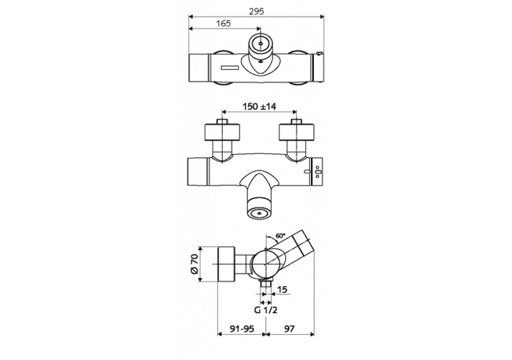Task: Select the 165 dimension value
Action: click(x=223, y=23)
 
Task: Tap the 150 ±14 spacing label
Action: click(x=258, y=107)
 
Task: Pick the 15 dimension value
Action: click(x=282, y=289)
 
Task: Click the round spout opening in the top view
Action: click(x=262, y=44)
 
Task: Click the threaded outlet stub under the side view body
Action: click(x=266, y=287)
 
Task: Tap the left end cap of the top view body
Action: click(x=197, y=67)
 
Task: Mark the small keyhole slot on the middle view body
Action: click(x=307, y=171)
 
